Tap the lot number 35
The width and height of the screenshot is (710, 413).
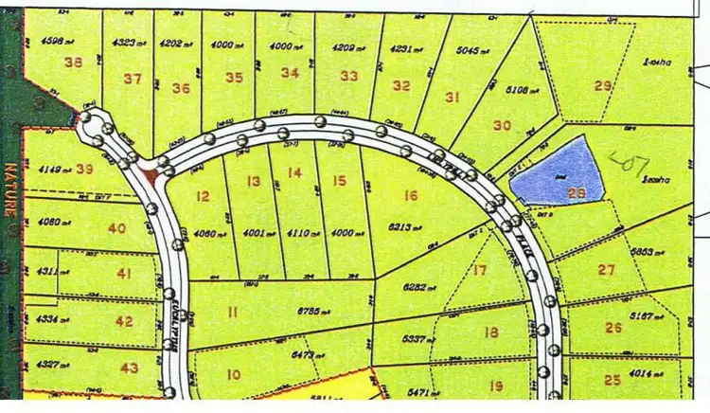[236, 78]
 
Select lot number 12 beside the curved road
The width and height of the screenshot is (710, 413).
[202, 196]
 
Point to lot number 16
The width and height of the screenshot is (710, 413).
[410, 196]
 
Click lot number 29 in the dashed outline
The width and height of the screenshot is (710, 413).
[603, 86]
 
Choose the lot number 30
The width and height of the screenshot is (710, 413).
[502, 125]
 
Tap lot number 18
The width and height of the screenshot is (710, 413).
[490, 332]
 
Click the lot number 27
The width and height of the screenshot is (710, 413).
[607, 269]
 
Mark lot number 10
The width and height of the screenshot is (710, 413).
[233, 374]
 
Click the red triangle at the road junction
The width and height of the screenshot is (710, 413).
[149, 175]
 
